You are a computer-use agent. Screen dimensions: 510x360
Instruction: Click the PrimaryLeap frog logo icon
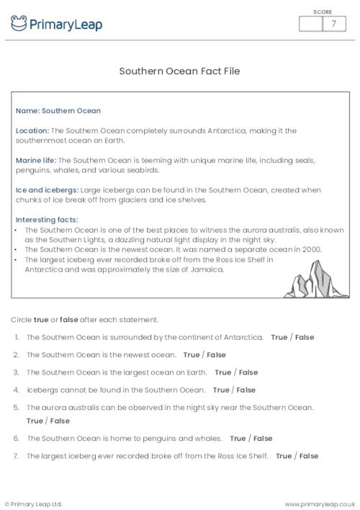[x=19, y=24]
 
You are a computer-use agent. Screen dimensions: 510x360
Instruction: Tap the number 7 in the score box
[x=333, y=24]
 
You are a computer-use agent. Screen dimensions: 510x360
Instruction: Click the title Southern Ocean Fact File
[x=179, y=71]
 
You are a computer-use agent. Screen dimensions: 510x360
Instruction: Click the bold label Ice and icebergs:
[x=44, y=189]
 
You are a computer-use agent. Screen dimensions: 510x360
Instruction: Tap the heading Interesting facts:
[x=47, y=219]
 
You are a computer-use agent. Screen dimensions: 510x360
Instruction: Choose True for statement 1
[x=280, y=336]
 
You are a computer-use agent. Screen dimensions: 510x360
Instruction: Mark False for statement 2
[x=216, y=354]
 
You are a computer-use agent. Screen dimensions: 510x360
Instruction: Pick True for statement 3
[x=223, y=372]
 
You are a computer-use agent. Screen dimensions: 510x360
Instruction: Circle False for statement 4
[x=246, y=390]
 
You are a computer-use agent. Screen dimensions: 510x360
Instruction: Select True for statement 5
[x=35, y=421]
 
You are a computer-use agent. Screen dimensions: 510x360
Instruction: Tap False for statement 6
[x=262, y=438]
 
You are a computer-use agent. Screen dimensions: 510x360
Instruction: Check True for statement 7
[x=284, y=456]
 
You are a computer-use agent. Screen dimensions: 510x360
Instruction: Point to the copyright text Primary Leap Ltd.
[x=34, y=504]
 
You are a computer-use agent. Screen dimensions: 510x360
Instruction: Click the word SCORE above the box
[x=322, y=12]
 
